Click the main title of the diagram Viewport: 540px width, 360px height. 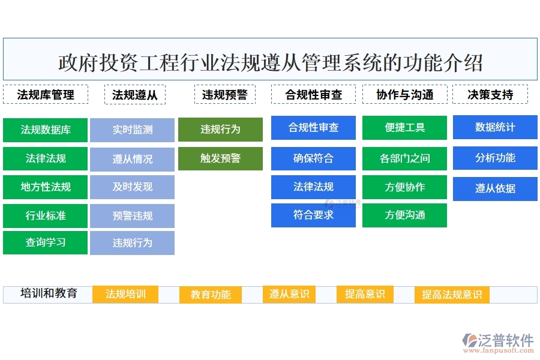pos(270,62)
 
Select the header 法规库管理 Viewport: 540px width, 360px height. pos(46,95)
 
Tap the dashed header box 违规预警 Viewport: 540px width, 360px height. pos(224,95)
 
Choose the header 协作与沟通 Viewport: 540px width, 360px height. pos(405,95)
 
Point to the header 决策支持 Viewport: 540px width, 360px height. pos(490,95)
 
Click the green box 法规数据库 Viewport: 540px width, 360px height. pos(46,130)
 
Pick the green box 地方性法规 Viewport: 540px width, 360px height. pos(46,187)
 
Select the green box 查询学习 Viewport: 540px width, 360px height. pos(46,243)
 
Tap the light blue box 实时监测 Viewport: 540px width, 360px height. pos(132,130)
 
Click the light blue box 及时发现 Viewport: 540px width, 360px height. pos(132,187)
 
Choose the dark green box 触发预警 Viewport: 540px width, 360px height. pos(220,158)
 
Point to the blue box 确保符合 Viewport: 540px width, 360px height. pos(313,158)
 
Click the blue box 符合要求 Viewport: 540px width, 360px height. pos(313,215)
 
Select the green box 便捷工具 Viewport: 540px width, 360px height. pos(404,128)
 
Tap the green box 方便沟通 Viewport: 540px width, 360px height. pos(404,215)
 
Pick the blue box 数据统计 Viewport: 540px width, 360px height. pos(495,127)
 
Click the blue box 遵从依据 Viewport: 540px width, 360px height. pos(495,188)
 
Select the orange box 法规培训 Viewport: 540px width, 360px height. pos(125,294)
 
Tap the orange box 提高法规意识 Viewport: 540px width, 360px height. pos(452,295)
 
